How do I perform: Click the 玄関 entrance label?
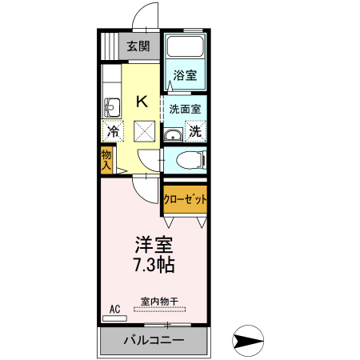[138, 46]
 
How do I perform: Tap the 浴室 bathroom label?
[186, 77]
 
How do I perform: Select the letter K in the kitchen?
[142, 102]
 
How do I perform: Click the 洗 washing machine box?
[195, 130]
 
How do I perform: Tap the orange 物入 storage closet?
[106, 159]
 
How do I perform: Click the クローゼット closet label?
[186, 198]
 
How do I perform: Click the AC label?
[114, 309]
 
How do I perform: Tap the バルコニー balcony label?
[154, 341]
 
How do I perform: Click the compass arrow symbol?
[249, 341]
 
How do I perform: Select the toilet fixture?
[189, 158]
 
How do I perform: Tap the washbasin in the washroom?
[172, 134]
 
